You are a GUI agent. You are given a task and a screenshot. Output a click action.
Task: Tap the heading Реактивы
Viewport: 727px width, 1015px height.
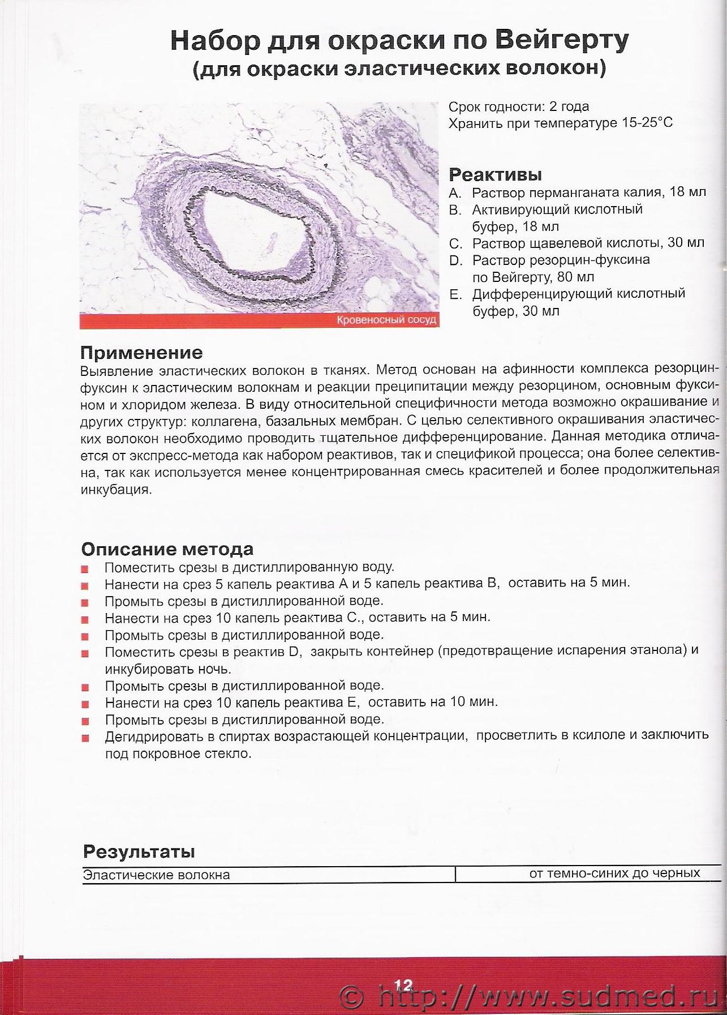[495, 174]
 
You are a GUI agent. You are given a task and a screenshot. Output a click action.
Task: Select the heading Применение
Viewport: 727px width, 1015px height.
[141, 353]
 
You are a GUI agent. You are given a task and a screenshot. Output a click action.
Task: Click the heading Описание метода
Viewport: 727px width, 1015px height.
[167, 549]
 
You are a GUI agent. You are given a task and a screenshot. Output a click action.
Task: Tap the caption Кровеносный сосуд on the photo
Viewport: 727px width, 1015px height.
[386, 320]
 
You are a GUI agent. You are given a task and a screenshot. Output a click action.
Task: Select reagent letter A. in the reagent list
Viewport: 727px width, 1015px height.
[455, 192]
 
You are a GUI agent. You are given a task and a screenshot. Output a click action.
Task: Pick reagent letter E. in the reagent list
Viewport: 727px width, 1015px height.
[455, 294]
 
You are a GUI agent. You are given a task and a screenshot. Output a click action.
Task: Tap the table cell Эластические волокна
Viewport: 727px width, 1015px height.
[157, 875]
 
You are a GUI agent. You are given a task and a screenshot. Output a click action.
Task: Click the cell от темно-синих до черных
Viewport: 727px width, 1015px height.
[614, 873]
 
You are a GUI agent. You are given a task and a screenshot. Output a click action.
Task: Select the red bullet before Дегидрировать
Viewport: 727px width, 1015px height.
[85, 738]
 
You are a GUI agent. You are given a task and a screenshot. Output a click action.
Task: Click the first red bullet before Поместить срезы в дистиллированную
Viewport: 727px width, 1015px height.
[85, 569]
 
